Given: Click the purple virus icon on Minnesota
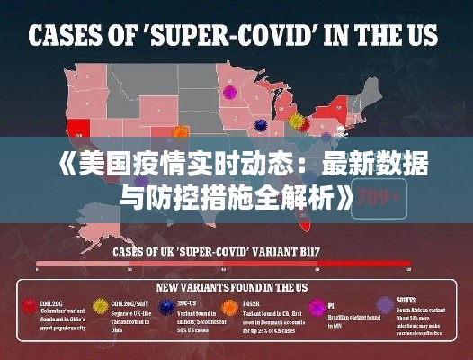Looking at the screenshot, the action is click(x=228, y=91).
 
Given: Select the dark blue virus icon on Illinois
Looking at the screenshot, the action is click(x=260, y=125).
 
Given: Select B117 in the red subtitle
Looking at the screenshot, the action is click(x=334, y=253).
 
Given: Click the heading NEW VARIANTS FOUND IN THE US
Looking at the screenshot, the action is click(x=236, y=288).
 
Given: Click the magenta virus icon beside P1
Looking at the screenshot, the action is click(x=315, y=307).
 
